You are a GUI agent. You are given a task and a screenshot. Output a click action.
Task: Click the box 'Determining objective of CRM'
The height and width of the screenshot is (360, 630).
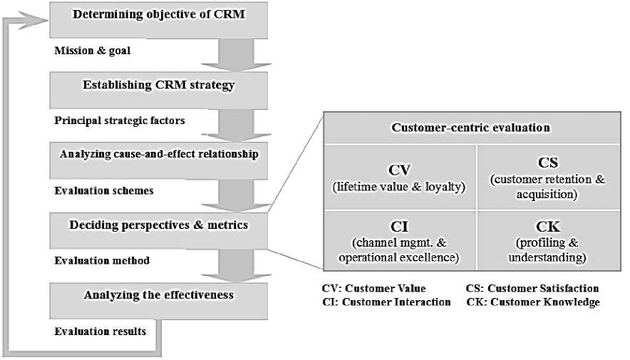coord(158,19)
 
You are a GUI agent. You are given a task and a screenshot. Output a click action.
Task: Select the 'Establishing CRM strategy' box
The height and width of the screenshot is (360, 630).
coord(158,87)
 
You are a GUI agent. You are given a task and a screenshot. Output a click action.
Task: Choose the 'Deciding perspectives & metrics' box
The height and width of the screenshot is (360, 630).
coord(158,226)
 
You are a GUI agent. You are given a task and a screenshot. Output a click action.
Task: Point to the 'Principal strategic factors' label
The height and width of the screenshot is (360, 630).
coord(120,120)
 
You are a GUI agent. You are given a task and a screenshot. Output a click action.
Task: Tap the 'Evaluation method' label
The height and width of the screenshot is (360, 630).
coord(102,260)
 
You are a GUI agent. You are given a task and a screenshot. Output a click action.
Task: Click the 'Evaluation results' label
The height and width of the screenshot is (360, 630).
coord(100,331)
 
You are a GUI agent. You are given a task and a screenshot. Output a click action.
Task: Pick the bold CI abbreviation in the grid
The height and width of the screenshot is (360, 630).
coord(398,227)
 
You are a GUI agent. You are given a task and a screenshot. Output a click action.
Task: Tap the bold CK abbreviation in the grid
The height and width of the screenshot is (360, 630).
coord(547,227)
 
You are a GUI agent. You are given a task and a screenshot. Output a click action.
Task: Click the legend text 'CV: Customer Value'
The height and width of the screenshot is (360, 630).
coord(374,288)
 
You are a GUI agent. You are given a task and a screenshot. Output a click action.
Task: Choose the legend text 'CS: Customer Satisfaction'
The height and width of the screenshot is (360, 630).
coord(532,288)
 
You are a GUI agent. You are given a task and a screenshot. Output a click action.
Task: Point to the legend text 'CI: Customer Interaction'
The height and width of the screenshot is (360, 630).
coord(386,302)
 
